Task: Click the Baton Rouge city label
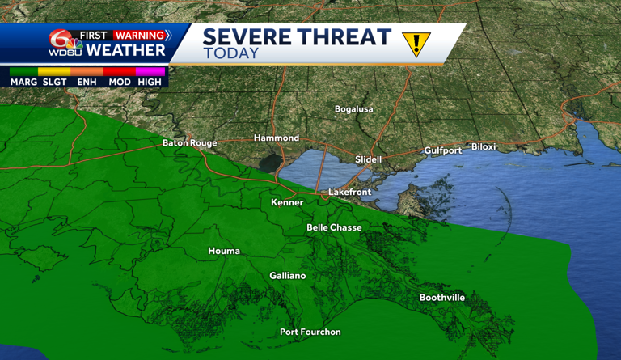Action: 190,143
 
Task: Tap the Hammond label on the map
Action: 277,138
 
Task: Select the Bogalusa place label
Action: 355,109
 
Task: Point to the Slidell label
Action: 368,159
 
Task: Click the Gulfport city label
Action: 443,150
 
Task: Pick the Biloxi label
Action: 484,147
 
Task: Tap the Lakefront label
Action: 350,193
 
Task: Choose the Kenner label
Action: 287,203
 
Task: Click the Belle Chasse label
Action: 334,228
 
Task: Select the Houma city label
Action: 224,252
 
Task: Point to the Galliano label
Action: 288,276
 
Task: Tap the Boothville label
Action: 442,298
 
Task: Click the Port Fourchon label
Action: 310,332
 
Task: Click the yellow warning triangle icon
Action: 416,44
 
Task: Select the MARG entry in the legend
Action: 23,82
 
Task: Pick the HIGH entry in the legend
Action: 150,82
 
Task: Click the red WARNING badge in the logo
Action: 141,36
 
